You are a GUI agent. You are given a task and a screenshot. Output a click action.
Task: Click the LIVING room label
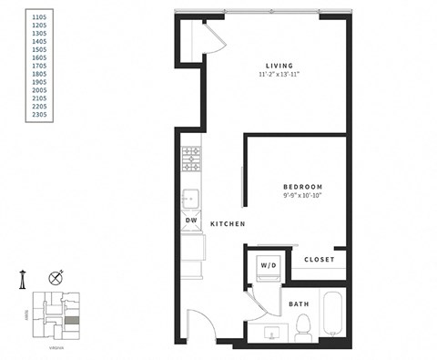coord(279,65)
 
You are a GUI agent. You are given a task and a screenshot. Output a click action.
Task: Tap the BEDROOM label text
coord(301,186)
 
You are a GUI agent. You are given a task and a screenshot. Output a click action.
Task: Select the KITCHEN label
coord(228,224)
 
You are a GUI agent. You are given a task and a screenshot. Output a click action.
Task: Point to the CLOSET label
coord(319,260)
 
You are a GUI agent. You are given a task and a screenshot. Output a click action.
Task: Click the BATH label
coord(299,304)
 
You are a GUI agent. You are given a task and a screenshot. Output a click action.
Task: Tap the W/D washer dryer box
coord(269,266)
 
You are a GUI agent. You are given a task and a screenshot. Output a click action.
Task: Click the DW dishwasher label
coord(191,221)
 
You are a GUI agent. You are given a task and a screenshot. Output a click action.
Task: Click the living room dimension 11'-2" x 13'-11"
coord(279,75)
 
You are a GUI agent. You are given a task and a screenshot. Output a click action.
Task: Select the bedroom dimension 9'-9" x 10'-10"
coord(301,196)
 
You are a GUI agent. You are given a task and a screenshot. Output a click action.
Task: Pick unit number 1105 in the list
coord(41,17)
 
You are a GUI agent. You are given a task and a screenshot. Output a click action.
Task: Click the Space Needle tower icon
coord(21,278)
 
